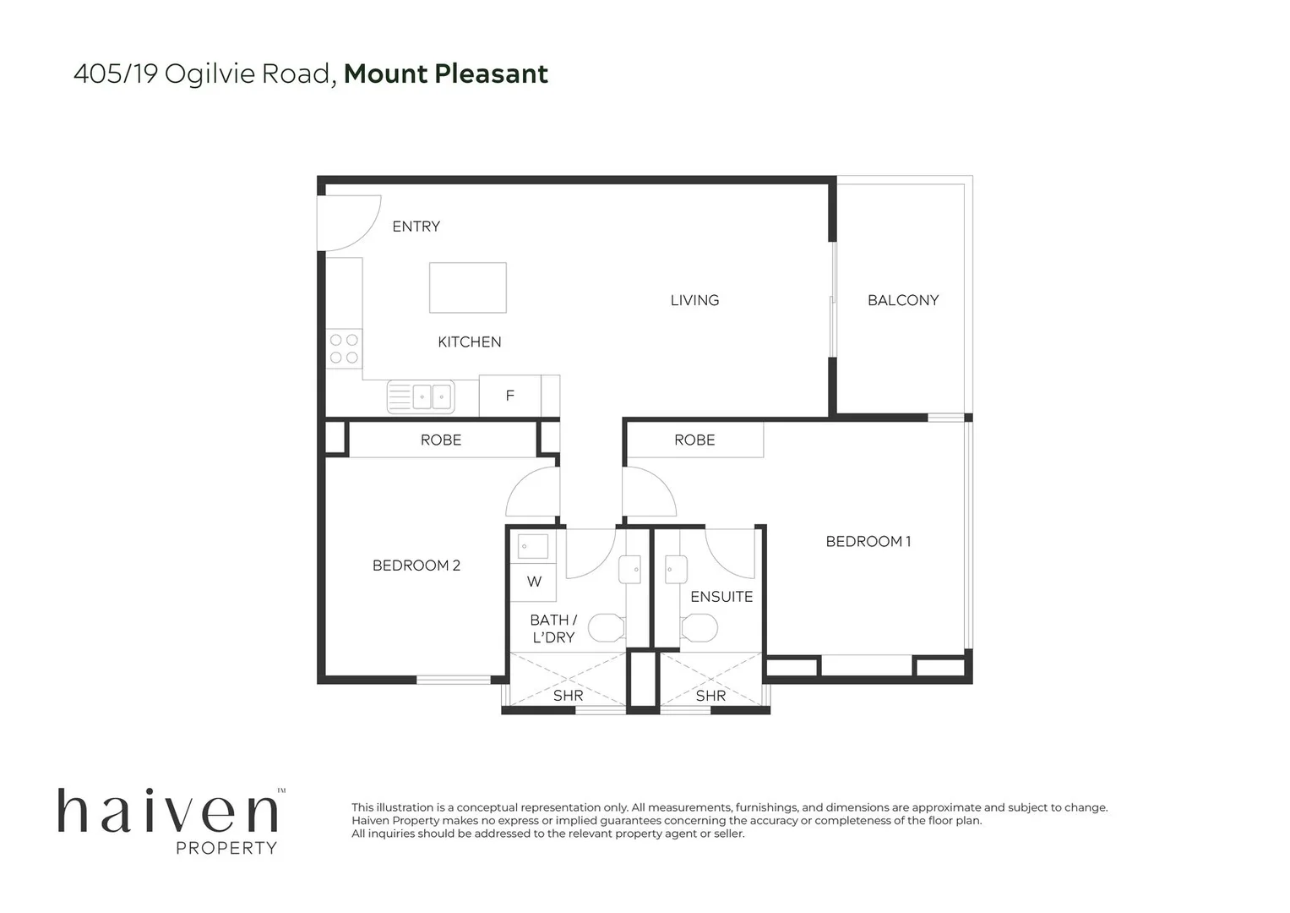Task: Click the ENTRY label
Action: point(416,227)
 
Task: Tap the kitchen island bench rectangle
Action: point(467,287)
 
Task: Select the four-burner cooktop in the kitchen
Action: point(344,348)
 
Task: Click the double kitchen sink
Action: point(421,396)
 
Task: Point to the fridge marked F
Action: point(509,396)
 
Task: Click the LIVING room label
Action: point(694,300)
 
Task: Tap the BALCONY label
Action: point(902,300)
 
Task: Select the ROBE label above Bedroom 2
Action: point(441,440)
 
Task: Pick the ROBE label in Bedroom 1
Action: point(694,440)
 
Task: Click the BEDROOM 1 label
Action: point(868,541)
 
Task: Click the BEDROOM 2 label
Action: point(416,566)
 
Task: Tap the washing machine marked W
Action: point(533,582)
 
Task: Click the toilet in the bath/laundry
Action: point(607,627)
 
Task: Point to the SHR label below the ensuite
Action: point(710,696)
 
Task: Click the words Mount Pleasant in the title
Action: point(446,74)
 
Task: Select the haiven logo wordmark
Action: point(168,811)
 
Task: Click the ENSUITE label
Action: point(721,597)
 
